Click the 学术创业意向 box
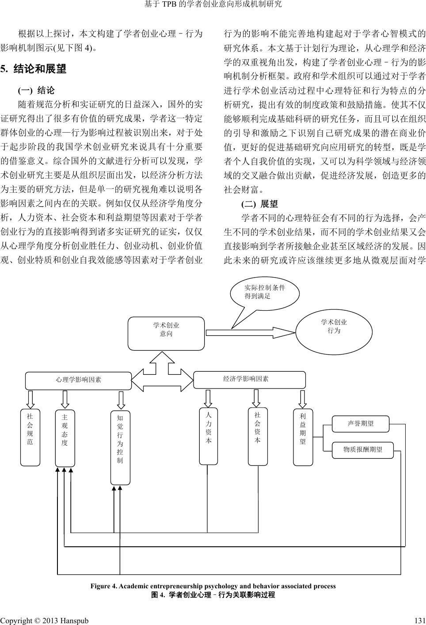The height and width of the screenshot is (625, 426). tap(166, 333)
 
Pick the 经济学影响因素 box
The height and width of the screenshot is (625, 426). tap(250, 380)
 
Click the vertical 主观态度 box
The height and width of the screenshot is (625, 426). tap(65, 438)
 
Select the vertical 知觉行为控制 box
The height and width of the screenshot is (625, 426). tap(120, 447)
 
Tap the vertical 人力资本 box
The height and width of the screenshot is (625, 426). tap(208, 436)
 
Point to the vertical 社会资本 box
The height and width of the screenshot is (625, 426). tap(258, 437)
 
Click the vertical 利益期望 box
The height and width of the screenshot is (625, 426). tap(303, 437)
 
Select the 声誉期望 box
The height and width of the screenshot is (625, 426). tap(361, 424)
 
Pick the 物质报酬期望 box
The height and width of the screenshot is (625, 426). tap(362, 450)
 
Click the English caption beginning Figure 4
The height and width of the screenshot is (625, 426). tap(213, 586)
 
